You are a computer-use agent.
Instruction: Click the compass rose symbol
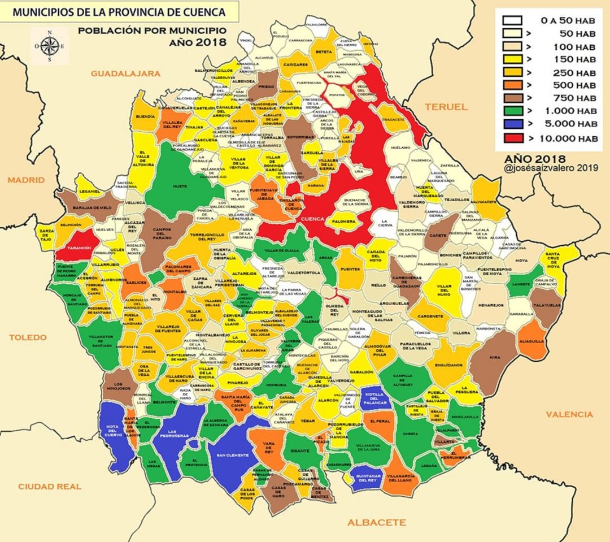coord(50,46)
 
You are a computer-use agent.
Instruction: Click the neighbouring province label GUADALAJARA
coord(126,73)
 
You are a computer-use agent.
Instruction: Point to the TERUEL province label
coord(446,107)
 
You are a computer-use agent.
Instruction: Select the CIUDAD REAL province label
coord(50,487)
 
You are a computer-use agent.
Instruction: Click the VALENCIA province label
coord(569,414)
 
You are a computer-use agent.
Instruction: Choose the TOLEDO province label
coord(28,337)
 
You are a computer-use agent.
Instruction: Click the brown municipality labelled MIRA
coord(495,358)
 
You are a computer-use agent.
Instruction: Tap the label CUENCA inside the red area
coord(312,219)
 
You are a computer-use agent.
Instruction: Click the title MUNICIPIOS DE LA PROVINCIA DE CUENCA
coord(119,11)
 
